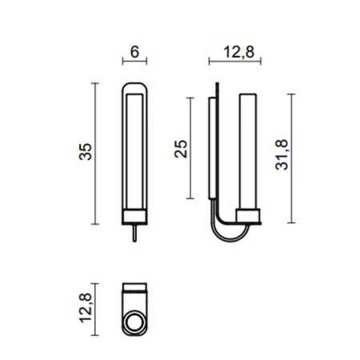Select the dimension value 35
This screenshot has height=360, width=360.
pos(79,152)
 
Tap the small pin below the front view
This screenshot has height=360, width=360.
pos(134,231)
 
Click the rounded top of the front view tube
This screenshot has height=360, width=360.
pos(134,84)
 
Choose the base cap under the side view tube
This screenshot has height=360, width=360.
pos(250,214)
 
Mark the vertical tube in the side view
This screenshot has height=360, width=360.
pos(250,148)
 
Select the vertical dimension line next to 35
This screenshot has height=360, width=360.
pos(95,152)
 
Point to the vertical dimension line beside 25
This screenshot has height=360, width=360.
pos(190,149)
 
